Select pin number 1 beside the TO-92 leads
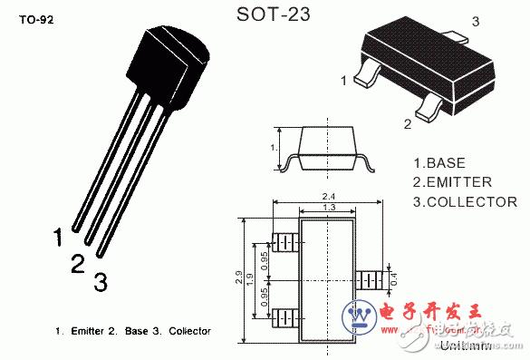pos(58,238)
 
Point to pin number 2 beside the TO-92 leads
pos(78,263)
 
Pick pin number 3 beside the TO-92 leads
pos(101,282)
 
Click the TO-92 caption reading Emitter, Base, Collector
pos(133,331)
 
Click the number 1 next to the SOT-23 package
pos(343,82)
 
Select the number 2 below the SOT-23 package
pos(407,124)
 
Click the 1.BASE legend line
pos(439,163)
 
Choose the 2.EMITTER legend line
pos(451,182)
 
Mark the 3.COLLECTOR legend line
pos(465,201)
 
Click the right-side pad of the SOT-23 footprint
pos(369,278)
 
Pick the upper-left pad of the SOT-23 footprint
pos(286,243)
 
